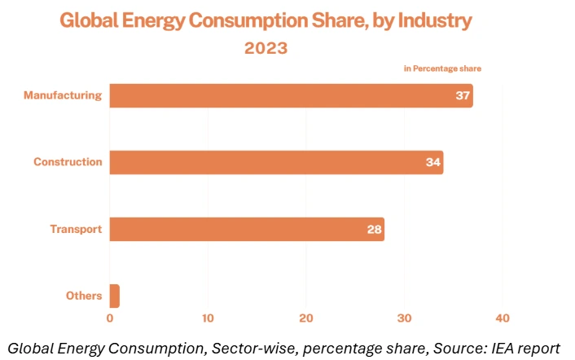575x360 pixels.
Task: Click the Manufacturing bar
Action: (x=291, y=96)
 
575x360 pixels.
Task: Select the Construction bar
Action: (x=276, y=162)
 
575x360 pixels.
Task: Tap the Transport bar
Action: (x=247, y=229)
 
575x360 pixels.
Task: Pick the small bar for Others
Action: (x=115, y=296)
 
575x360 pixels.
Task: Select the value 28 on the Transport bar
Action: (x=374, y=230)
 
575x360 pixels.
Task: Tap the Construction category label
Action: (x=68, y=162)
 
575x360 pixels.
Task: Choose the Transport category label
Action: (x=75, y=229)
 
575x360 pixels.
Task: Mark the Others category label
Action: (x=84, y=296)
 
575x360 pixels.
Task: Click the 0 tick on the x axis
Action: (x=110, y=318)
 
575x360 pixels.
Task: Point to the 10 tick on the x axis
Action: (x=208, y=318)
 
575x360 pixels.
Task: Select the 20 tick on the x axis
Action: (x=306, y=318)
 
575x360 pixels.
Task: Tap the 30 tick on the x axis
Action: (x=405, y=318)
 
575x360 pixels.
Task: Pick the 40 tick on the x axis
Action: (x=503, y=318)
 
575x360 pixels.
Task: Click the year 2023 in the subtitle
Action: (x=266, y=48)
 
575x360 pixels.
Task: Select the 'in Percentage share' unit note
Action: (x=448, y=68)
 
